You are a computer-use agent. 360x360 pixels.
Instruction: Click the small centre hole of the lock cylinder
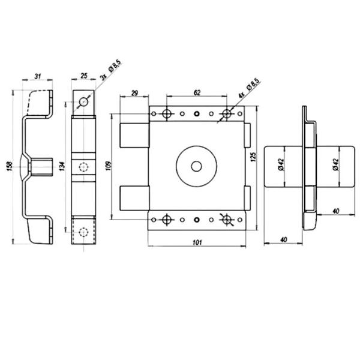[196, 165]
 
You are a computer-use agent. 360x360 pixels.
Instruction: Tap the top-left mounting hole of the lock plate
[167, 113]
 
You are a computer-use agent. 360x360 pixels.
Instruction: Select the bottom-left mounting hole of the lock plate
[167, 220]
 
